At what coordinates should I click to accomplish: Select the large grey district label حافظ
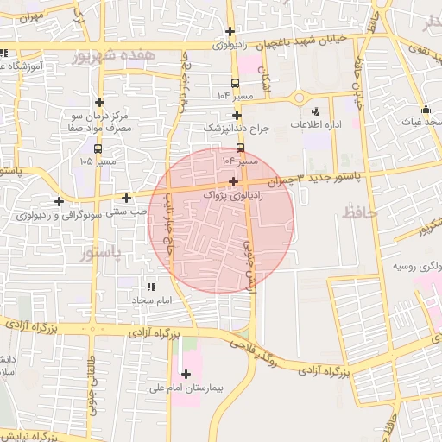point(361,212)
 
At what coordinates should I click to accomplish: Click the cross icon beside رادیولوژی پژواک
point(235,181)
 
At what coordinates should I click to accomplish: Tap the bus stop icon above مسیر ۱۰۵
point(97,148)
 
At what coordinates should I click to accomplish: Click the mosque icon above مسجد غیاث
point(426,110)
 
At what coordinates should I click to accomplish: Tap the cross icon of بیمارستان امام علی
point(187,374)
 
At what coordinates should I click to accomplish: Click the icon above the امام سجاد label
point(152,287)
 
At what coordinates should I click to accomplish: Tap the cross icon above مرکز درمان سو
point(100,103)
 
